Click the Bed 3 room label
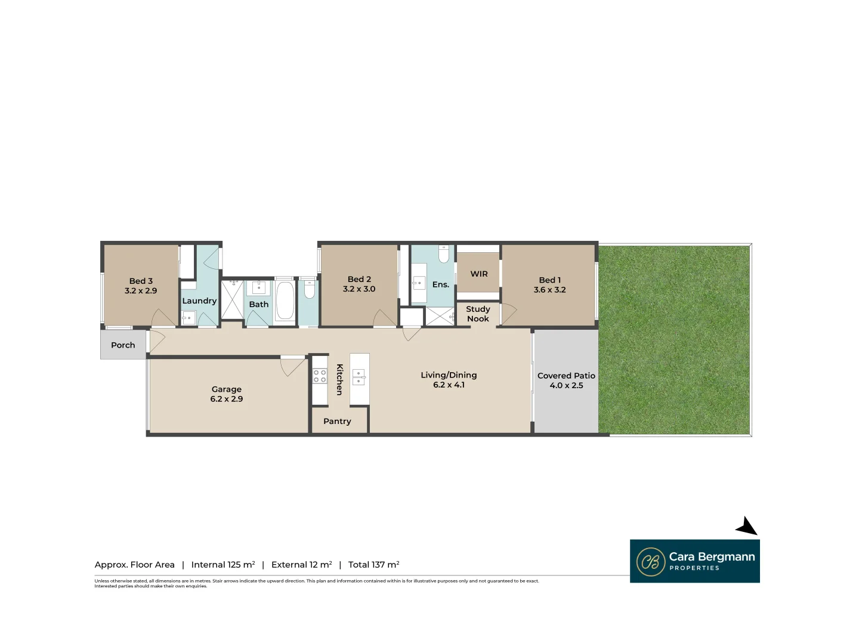[x=141, y=281]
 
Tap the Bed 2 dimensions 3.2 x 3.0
[x=359, y=289]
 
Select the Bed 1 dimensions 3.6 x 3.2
[x=549, y=290]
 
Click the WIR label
[x=479, y=274]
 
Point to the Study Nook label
[x=478, y=314]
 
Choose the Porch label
[x=123, y=345]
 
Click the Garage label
[x=227, y=389]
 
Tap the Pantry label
[x=337, y=421]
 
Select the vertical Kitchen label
[x=339, y=379]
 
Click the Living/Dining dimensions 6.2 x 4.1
[x=449, y=385]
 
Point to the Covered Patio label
[x=566, y=376]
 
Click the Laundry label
[x=199, y=301]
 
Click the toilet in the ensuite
[x=443, y=255]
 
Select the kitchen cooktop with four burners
[x=320, y=376]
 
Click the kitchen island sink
[x=359, y=377]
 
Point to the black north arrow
[x=747, y=527]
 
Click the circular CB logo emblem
[x=651, y=562]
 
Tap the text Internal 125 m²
[x=223, y=565]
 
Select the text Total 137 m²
[x=373, y=565]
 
